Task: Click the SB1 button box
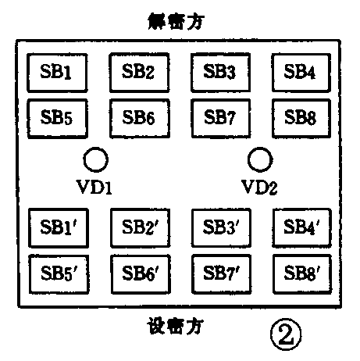[56, 73]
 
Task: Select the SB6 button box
[138, 117]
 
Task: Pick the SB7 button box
[219, 117]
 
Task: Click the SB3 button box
[219, 73]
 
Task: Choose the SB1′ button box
[56, 227]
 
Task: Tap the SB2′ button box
[138, 227]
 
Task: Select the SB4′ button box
[300, 227]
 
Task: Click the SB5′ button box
[56, 273]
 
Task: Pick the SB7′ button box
[219, 273]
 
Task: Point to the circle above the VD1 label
[96, 159]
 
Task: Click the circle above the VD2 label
[258, 159]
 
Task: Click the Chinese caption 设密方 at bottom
[179, 323]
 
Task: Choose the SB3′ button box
[219, 227]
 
